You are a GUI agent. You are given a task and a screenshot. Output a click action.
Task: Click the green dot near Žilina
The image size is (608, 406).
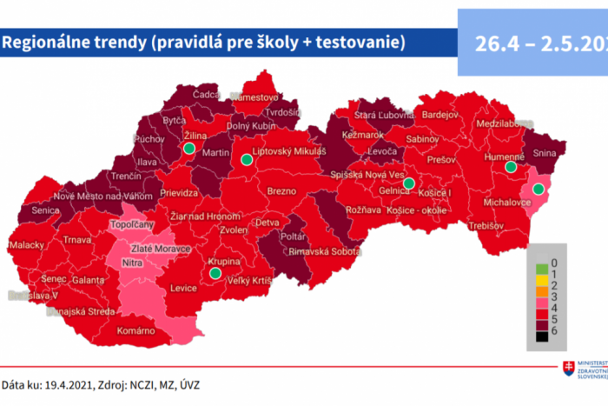(x=188, y=149)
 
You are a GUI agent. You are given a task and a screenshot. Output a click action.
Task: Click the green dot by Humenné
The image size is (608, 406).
(x=511, y=167)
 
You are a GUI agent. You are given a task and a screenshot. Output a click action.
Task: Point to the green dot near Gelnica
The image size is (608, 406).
(x=408, y=183)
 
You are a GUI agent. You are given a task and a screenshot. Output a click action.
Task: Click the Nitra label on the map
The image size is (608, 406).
(x=132, y=261)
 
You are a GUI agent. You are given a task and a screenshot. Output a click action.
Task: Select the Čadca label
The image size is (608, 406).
(x=207, y=94)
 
